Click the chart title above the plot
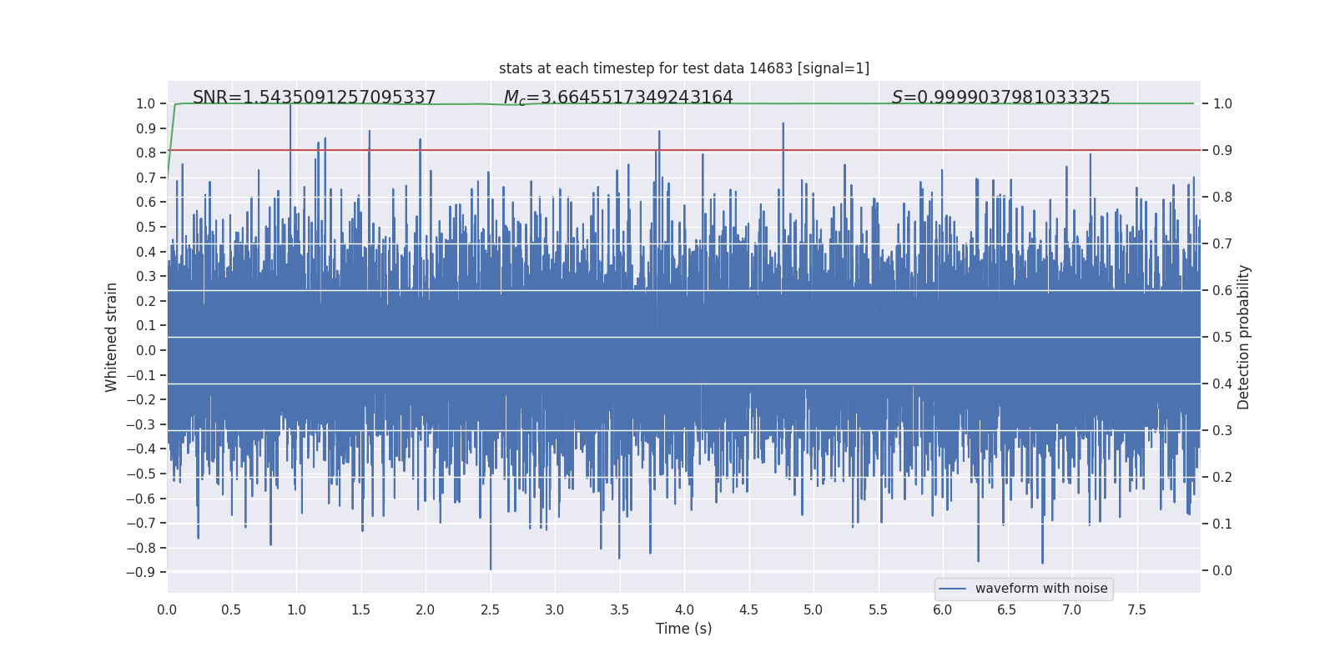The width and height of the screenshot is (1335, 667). click(x=683, y=68)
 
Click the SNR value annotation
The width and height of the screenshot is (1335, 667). click(x=314, y=98)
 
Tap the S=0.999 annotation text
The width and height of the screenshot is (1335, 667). click(x=1000, y=98)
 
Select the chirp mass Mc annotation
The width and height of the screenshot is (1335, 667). click(x=617, y=98)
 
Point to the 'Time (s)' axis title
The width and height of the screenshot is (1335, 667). click(x=683, y=629)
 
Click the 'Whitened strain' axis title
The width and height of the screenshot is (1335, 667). click(x=111, y=337)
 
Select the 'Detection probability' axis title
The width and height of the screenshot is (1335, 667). click(x=1244, y=337)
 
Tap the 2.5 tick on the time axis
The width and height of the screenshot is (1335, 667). click(x=490, y=609)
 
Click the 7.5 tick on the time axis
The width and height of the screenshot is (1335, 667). click(x=1136, y=609)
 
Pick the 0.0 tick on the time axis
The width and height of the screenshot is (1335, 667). click(x=167, y=609)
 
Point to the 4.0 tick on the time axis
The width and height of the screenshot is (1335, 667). click(x=684, y=609)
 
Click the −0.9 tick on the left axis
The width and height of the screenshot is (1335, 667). click(x=141, y=572)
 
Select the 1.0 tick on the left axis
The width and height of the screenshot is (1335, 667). click(x=145, y=103)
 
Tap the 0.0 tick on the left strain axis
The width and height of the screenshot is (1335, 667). click(x=145, y=350)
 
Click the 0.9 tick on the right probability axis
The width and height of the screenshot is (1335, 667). click(x=1222, y=150)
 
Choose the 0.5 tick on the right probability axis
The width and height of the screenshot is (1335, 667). click(x=1222, y=337)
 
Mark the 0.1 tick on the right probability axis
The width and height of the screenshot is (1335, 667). click(x=1222, y=524)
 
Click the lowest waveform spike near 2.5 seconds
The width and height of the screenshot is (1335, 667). click(x=491, y=568)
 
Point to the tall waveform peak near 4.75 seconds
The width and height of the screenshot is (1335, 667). click(x=783, y=124)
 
